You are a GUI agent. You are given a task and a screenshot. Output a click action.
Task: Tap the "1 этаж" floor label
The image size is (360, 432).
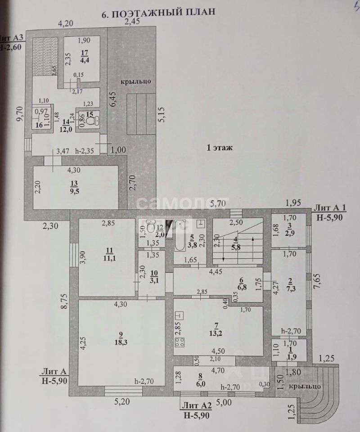[220, 148]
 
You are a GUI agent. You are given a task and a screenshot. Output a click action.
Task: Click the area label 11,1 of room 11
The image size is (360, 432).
[106, 257]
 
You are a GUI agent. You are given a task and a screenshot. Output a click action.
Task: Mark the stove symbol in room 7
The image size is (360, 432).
[180, 342]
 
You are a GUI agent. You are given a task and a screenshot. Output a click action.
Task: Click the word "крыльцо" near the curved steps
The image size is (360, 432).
[305, 386]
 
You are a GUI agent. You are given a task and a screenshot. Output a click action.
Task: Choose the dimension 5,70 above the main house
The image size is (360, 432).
[219, 203]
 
